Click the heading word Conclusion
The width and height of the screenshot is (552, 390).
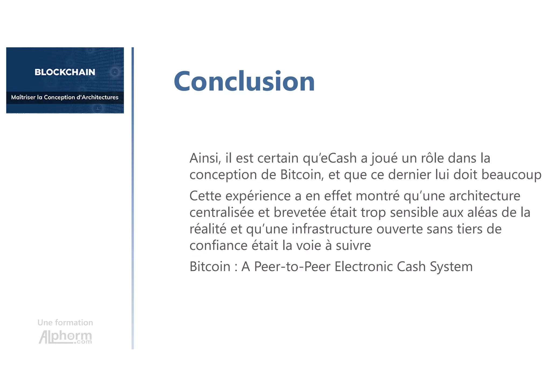244,81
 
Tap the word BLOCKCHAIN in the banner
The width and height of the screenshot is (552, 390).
65,72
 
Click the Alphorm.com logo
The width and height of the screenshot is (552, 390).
65,337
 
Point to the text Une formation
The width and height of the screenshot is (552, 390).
65,322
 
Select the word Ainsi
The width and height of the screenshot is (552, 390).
205,158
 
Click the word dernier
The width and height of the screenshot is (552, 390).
409,175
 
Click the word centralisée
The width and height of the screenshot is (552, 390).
222,213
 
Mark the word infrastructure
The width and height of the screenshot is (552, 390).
332,229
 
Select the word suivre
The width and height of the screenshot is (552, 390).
353,246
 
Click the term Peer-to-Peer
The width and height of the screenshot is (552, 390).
292,267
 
